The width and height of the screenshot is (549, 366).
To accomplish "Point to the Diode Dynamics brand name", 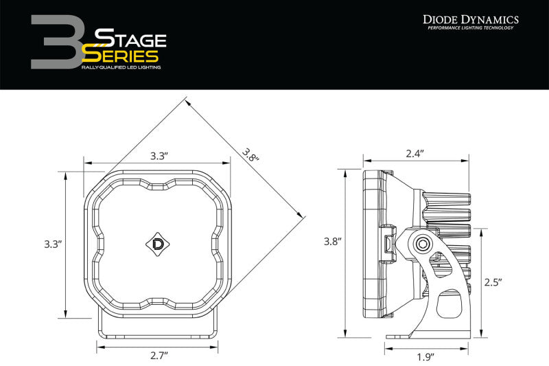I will click(x=471, y=21).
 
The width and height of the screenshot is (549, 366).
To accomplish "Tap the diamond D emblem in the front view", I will click(x=156, y=242).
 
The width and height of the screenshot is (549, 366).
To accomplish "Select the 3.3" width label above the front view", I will click(x=159, y=156).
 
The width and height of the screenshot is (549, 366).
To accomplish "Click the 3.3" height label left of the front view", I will click(x=52, y=244).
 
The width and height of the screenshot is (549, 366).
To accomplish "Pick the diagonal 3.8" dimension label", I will click(x=250, y=155).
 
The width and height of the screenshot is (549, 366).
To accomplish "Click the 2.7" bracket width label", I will click(x=159, y=355).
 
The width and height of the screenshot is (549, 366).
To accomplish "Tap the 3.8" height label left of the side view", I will click(x=333, y=241).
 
